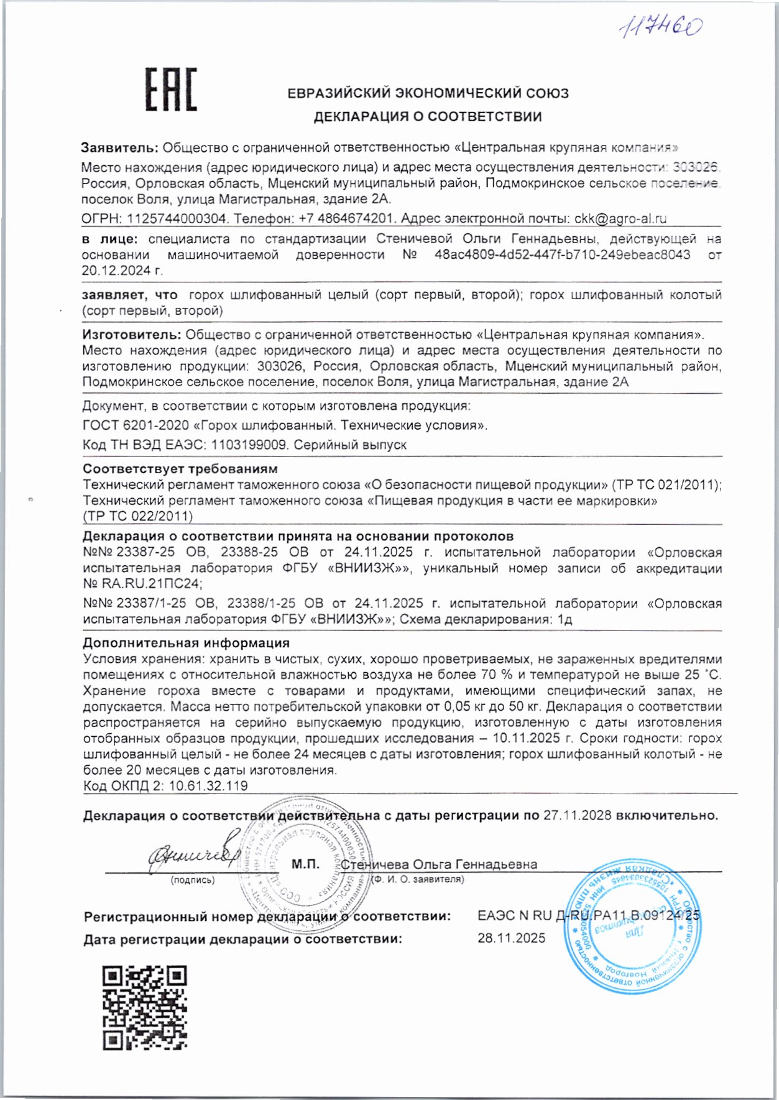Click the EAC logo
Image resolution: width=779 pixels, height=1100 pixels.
click(171, 90)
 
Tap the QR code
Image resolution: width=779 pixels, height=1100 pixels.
click(145, 1007)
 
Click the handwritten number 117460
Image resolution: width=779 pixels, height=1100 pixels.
click(662, 27)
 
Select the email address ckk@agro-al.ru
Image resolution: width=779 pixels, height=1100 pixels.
click(620, 219)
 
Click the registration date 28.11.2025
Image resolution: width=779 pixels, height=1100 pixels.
click(511, 938)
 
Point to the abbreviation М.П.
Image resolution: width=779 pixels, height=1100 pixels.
click(305, 864)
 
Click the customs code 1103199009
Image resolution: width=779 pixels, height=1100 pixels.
click(249, 445)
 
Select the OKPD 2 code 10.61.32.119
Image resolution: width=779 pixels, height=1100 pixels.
click(208, 786)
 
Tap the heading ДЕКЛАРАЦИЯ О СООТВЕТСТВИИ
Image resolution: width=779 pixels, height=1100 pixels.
click(427, 116)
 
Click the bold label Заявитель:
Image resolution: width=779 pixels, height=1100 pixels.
click(120, 148)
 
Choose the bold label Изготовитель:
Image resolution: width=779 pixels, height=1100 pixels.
click(132, 335)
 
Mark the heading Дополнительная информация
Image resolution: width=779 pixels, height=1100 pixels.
click(186, 643)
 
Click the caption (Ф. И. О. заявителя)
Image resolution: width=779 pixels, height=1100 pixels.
click(418, 879)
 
